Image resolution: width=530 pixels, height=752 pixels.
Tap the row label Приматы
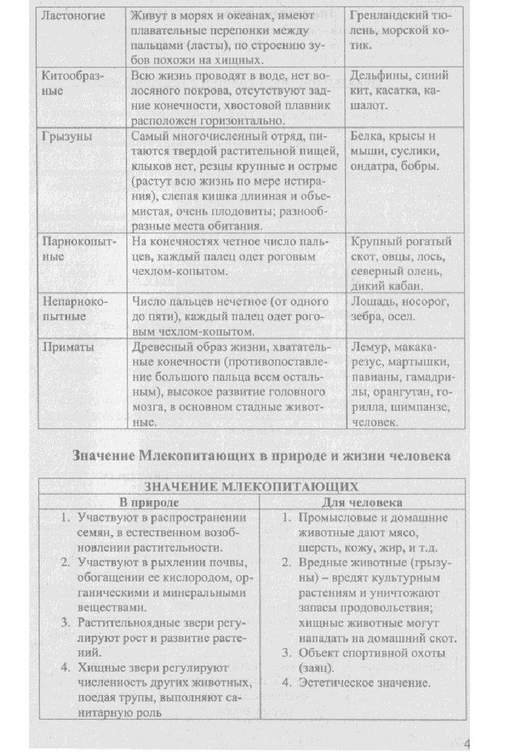(x=68, y=347)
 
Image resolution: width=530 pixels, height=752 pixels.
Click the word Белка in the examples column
(x=368, y=137)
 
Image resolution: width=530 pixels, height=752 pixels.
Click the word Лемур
(x=370, y=347)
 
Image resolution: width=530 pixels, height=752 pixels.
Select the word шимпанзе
(x=418, y=408)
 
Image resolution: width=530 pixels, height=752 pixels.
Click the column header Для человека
(x=362, y=503)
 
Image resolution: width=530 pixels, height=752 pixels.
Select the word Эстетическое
(x=333, y=684)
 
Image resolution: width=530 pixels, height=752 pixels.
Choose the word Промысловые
(x=335, y=518)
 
